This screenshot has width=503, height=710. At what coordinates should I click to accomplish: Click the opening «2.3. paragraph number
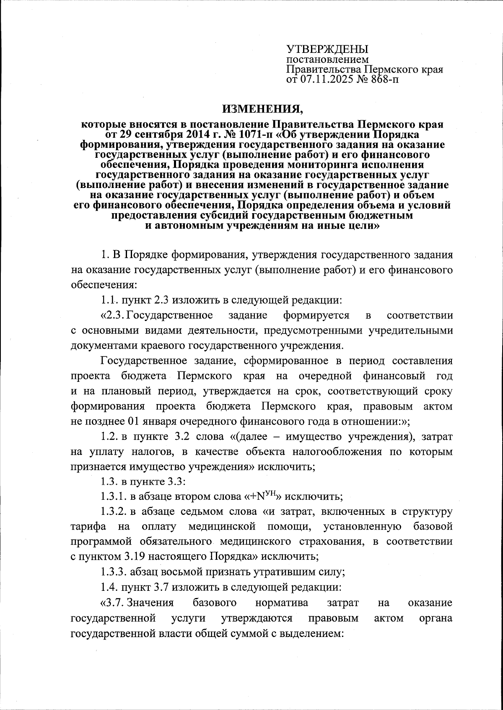tap(113, 315)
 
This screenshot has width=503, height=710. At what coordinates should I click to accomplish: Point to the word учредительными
tap(410, 330)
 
